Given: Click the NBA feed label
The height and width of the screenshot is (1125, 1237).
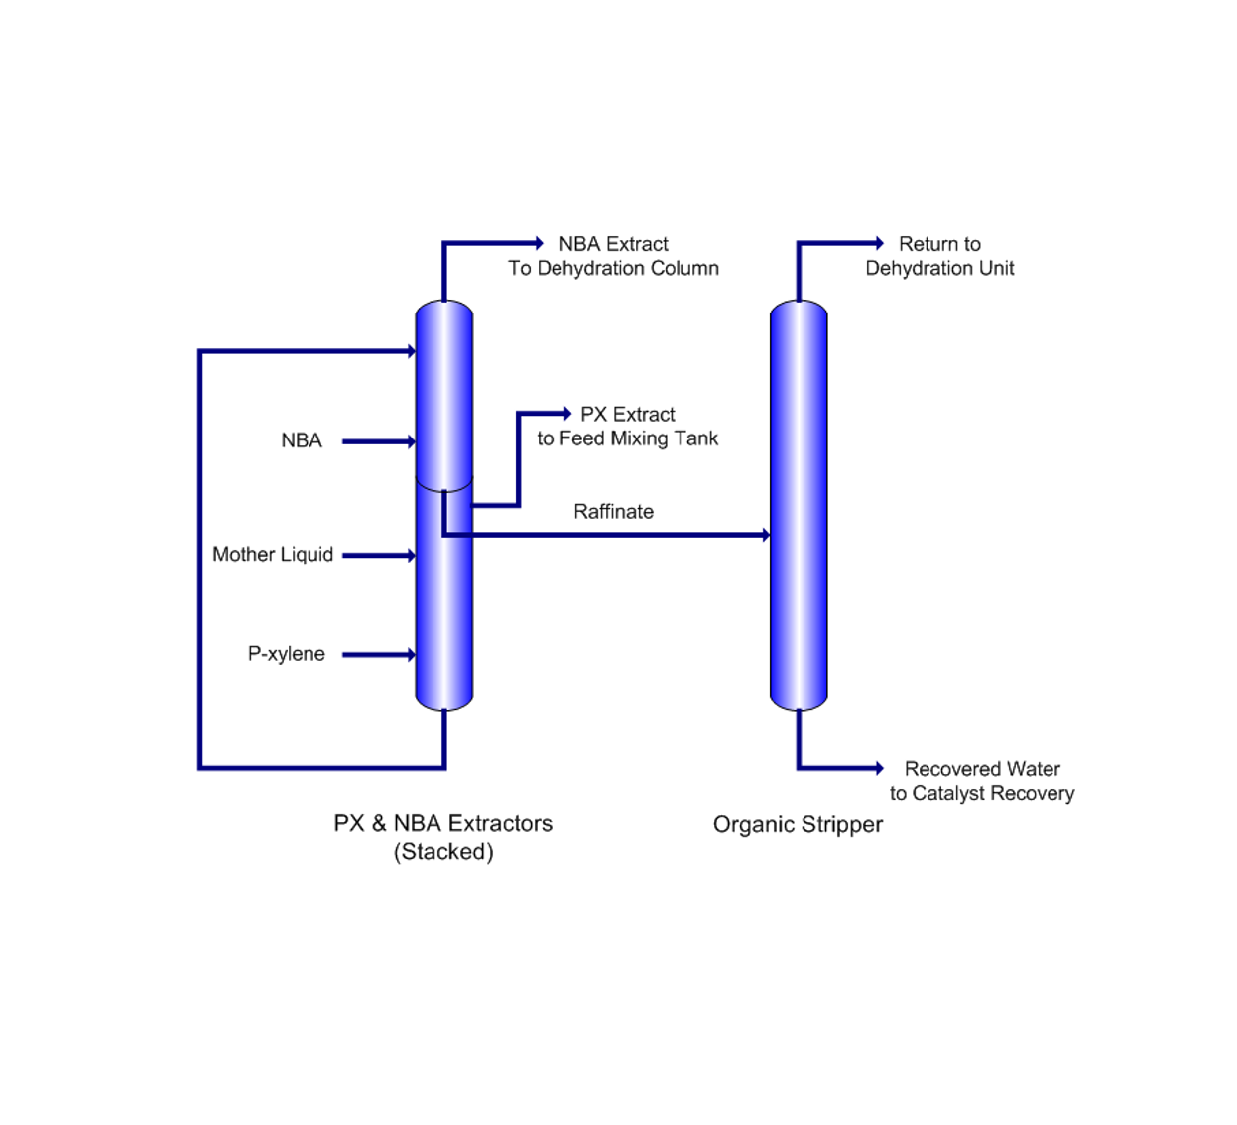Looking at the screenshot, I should click(302, 440).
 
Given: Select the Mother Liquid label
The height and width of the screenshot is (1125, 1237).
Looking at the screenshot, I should click(273, 555).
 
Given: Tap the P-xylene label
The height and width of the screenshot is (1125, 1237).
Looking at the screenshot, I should click(286, 654).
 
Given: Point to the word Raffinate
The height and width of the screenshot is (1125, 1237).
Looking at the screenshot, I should click(613, 512).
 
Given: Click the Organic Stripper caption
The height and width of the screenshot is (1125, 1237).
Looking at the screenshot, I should click(798, 824).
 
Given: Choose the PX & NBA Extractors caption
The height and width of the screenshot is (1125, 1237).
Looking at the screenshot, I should click(442, 823).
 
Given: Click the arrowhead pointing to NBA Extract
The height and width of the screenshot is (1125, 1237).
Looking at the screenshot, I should click(539, 243).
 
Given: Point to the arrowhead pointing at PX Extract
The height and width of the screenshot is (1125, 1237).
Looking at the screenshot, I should click(566, 413).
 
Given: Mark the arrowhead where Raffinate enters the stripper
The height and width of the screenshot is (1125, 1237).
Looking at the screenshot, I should click(765, 535).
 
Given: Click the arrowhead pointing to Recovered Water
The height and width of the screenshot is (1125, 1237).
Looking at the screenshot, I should click(878, 767).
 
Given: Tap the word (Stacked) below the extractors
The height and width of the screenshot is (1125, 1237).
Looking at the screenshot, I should click(443, 852).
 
